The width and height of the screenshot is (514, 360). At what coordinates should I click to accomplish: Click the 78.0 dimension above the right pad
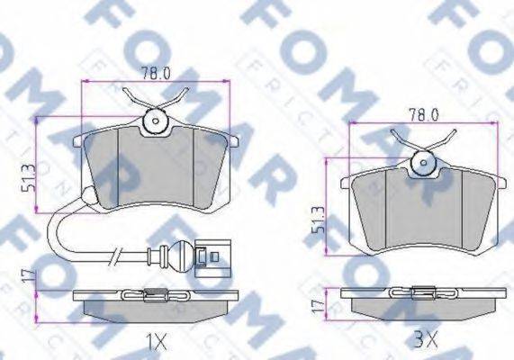(x=424, y=114)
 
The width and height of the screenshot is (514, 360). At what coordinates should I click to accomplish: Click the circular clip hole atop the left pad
(x=154, y=119)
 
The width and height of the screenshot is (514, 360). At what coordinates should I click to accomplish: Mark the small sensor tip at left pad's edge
(x=87, y=198)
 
